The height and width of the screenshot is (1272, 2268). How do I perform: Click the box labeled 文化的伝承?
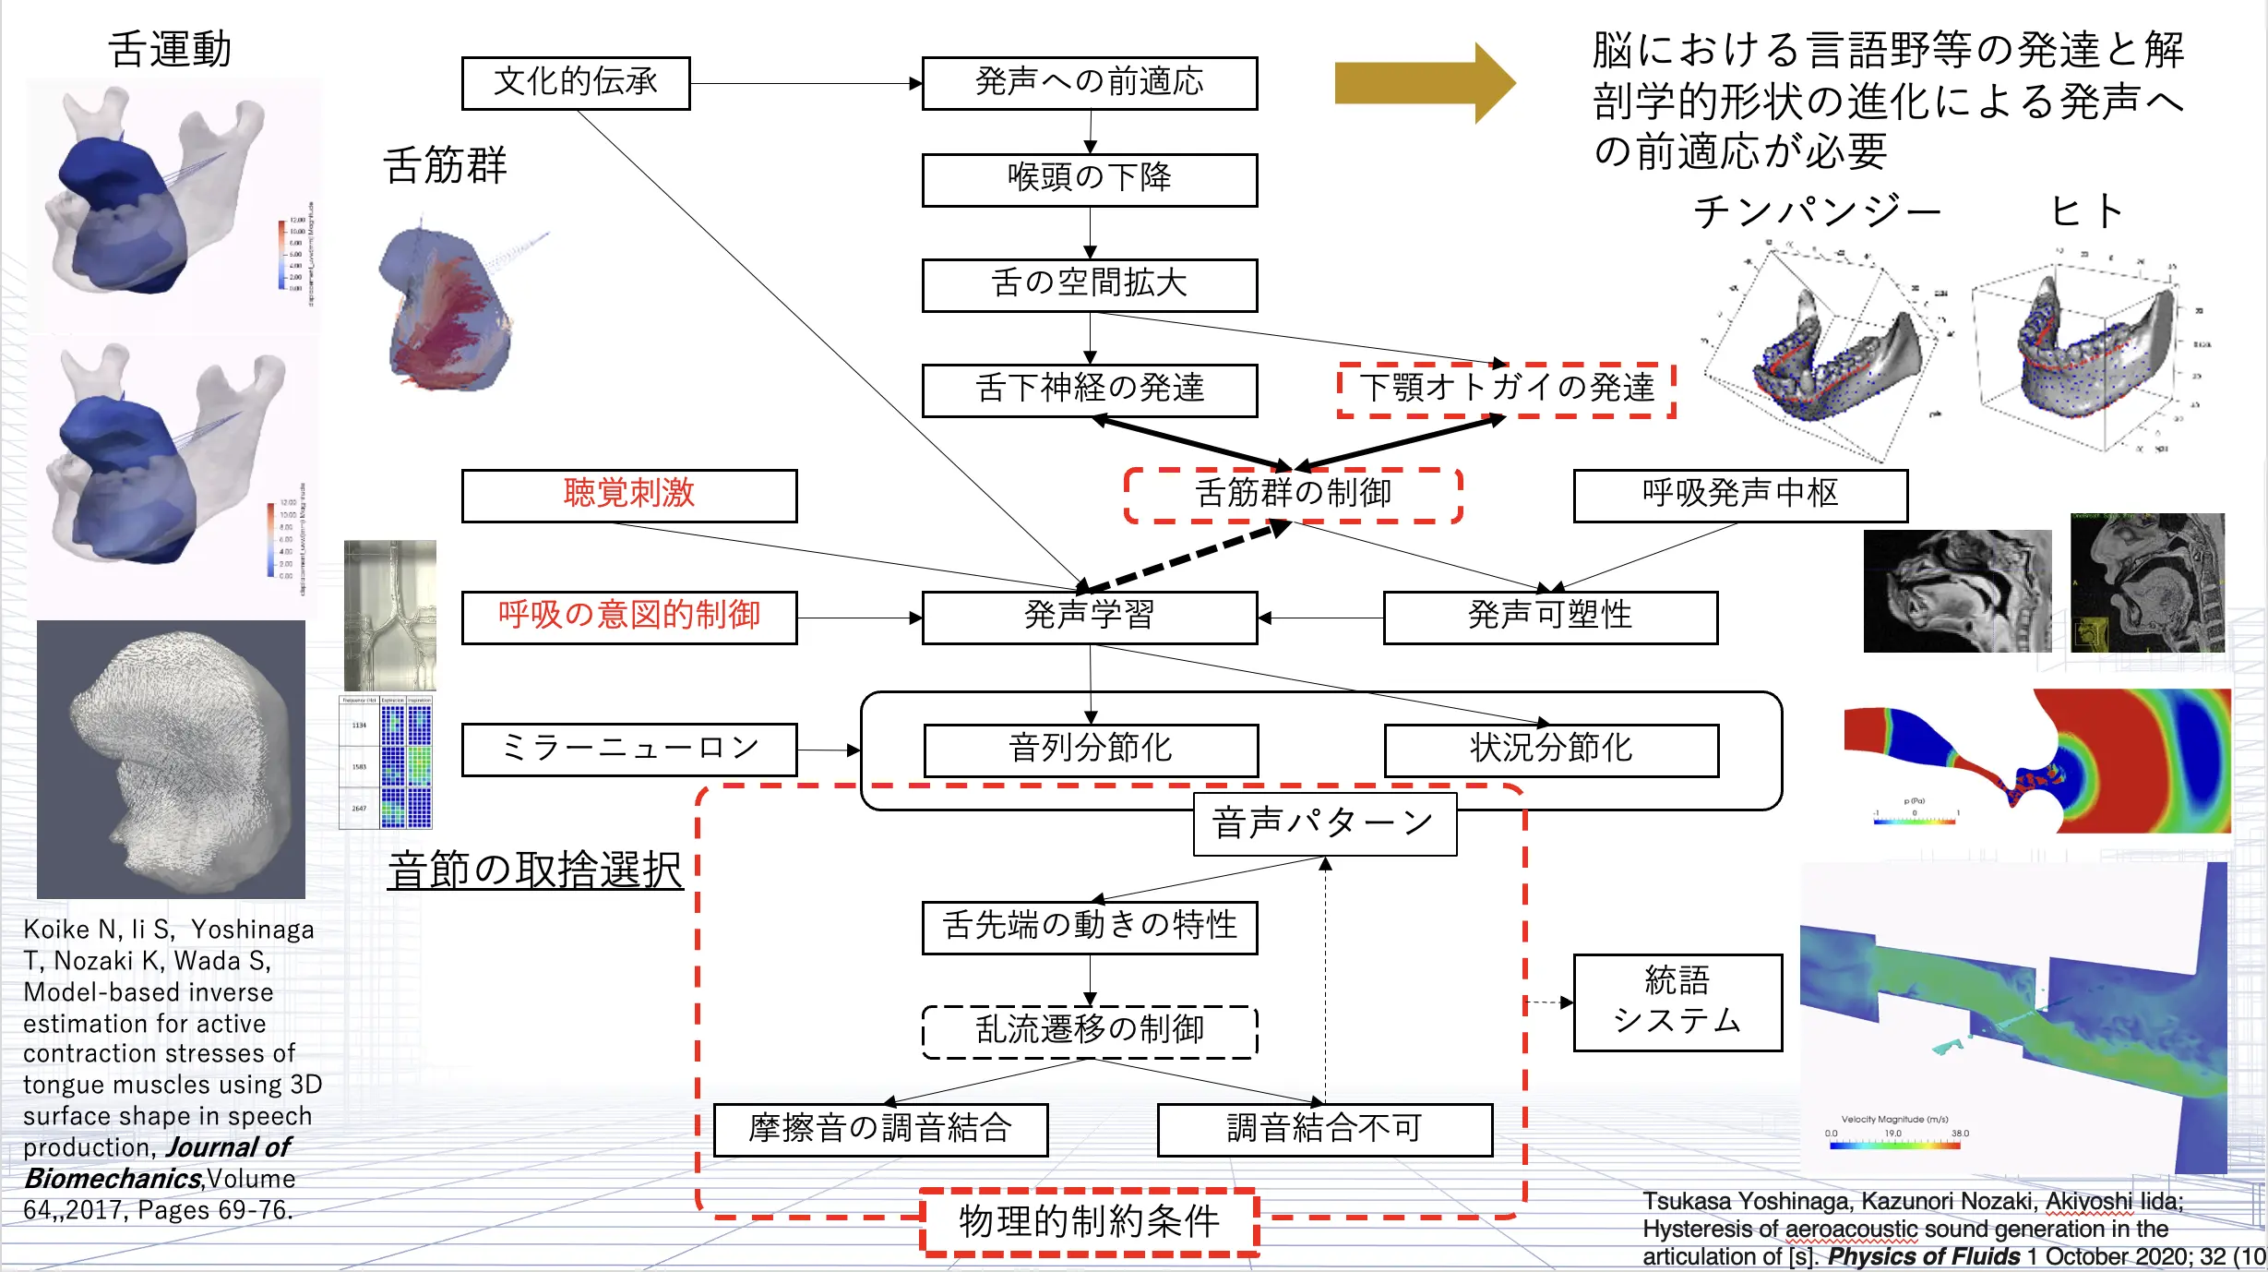[x=576, y=83]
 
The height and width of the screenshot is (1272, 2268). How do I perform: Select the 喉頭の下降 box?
[x=1089, y=179]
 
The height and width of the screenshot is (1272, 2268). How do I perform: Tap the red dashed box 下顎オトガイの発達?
[x=1506, y=389]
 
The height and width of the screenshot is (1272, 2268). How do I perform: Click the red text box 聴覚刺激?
[x=629, y=496]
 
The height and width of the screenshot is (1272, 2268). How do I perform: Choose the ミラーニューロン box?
[x=629, y=750]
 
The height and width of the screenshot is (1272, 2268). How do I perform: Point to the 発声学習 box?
[x=1089, y=617]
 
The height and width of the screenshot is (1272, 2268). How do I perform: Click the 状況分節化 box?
[x=1550, y=750]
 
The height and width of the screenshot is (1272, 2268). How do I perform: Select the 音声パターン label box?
[x=1324, y=823]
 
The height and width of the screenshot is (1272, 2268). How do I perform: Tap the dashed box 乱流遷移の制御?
[x=1089, y=1031]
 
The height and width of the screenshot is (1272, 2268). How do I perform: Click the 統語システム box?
[x=1677, y=1002]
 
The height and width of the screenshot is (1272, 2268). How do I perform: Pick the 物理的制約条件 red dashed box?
[x=1090, y=1221]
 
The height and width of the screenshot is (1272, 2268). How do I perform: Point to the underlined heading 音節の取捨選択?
[x=535, y=870]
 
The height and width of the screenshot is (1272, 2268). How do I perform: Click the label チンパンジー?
[x=1817, y=212]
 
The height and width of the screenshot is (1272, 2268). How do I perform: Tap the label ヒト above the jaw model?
[x=2087, y=212]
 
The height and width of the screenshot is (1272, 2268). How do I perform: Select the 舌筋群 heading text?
[x=445, y=166]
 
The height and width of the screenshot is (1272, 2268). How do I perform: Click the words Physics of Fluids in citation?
[x=1923, y=1256]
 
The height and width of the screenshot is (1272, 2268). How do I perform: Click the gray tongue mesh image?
[x=171, y=759]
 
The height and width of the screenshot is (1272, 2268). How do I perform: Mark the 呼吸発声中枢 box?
[x=1739, y=496]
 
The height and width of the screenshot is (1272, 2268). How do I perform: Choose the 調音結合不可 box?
[x=1324, y=1129]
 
